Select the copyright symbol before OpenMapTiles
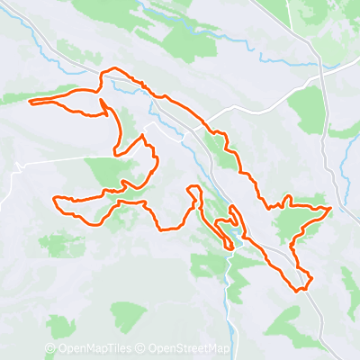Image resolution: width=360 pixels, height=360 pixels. click(x=50, y=349)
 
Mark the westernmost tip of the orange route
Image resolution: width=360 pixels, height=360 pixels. click(x=31, y=102)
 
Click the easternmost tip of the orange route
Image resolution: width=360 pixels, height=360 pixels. click(x=331, y=209)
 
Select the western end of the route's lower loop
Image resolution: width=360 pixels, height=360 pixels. click(x=55, y=199)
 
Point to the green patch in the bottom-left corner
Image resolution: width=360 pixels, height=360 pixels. click(x=61, y=327)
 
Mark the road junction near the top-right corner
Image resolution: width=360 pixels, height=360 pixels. click(x=321, y=61)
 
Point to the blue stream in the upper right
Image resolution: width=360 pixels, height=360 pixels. click(x=288, y=61)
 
